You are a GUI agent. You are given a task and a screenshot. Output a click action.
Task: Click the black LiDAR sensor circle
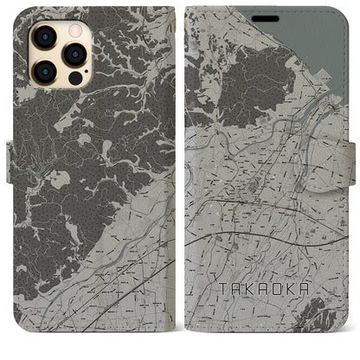pos(73,76)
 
